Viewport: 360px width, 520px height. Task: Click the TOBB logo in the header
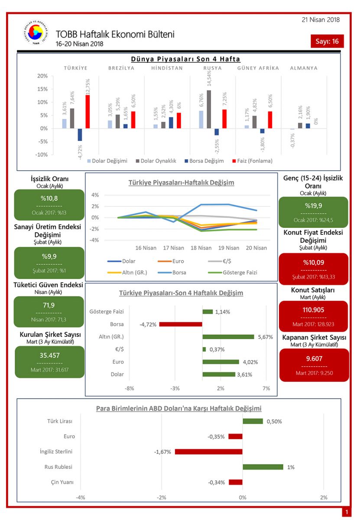(x=33, y=33)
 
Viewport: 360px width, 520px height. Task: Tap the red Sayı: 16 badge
(x=328, y=41)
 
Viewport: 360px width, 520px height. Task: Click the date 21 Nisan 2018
(x=321, y=19)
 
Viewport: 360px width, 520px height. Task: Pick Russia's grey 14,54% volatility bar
(x=209, y=109)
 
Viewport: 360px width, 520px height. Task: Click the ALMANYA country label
(x=304, y=68)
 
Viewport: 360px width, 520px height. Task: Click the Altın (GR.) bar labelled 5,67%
(x=228, y=337)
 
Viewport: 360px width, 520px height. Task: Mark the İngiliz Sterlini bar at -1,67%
(x=208, y=452)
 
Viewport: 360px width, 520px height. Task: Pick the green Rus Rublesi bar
(x=263, y=467)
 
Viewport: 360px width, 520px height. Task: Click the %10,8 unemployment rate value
(x=49, y=198)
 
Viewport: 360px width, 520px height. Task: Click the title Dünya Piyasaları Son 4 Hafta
(x=185, y=59)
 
